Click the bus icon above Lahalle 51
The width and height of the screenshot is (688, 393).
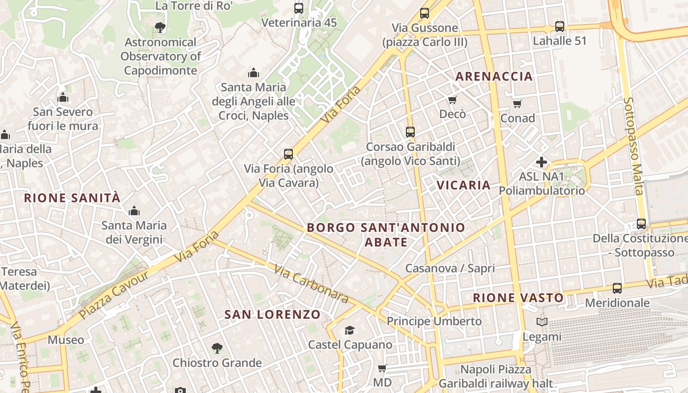pyautogui.click(x=559, y=26)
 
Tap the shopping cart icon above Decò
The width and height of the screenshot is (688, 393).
pyautogui.click(x=452, y=100)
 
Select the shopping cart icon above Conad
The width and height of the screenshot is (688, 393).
pyautogui.click(x=517, y=104)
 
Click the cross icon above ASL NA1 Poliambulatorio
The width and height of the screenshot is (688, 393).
pyautogui.click(x=542, y=162)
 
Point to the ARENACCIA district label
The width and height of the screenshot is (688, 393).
pyautogui.click(x=494, y=76)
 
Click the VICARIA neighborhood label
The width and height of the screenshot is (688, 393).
pyautogui.click(x=463, y=185)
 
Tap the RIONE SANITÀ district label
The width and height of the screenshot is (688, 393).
pyautogui.click(x=72, y=198)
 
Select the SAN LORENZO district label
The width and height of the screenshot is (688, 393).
pyautogui.click(x=272, y=314)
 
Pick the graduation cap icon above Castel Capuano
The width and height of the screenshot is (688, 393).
pyautogui.click(x=349, y=330)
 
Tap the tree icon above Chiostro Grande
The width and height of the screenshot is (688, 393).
pyautogui.click(x=217, y=348)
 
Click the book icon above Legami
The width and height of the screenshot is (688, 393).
pyautogui.click(x=542, y=322)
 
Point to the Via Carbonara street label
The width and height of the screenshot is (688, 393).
pyautogui.click(x=311, y=283)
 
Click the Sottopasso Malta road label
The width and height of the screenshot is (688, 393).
pyautogui.click(x=633, y=146)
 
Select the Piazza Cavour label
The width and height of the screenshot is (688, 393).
pyautogui.click(x=114, y=294)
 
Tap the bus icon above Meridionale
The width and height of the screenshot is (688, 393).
pyautogui.click(x=617, y=288)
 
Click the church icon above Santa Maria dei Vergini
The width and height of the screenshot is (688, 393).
pyautogui.click(x=134, y=211)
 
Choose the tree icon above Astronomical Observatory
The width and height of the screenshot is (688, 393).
pyautogui.click(x=160, y=28)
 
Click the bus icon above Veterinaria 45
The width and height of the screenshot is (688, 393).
pyautogui.click(x=298, y=8)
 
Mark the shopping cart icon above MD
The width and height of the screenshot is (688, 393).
pyautogui.click(x=382, y=368)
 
